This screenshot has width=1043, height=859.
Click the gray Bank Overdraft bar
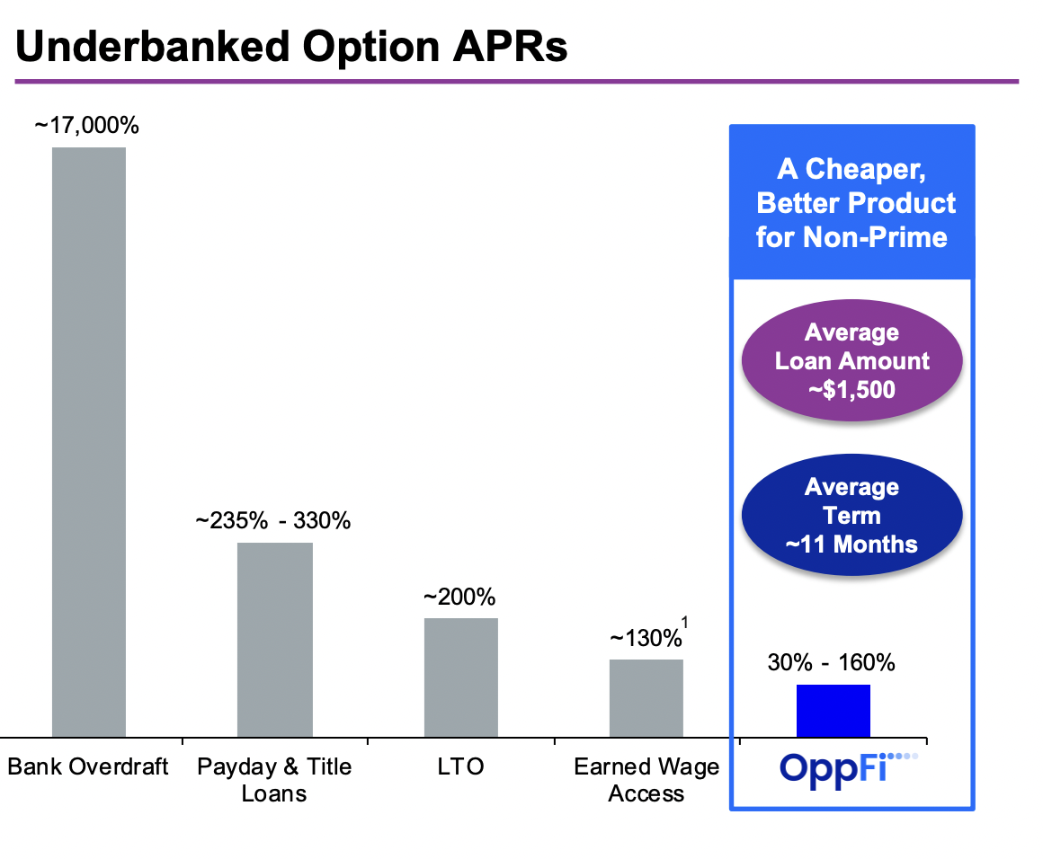[88, 441]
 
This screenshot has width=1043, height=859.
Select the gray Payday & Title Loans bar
[274, 639]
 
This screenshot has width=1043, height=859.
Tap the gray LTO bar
[460, 677]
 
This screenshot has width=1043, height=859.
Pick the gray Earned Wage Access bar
[646, 697]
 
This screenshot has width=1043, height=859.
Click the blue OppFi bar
[833, 710]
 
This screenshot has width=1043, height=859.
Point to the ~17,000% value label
[86, 126]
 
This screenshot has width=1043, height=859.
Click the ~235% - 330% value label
[273, 521]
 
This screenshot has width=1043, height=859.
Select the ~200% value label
[459, 598]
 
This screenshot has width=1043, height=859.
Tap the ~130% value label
[645, 639]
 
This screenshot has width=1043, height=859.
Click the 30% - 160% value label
[831, 664]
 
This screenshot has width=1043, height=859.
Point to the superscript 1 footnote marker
[685, 622]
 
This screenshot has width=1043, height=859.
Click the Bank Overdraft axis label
[88, 767]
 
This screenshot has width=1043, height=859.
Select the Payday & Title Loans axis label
[274, 780]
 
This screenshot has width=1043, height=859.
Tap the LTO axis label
[459, 767]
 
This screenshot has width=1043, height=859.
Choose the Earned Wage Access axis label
[646, 780]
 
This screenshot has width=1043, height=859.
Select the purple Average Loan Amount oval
[851, 361]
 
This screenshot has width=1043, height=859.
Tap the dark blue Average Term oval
[851, 516]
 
